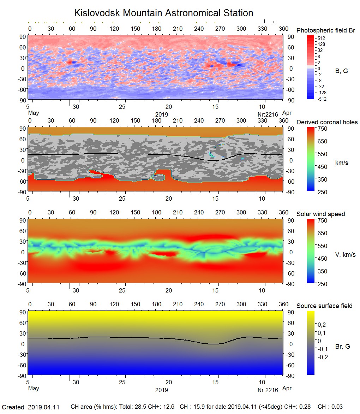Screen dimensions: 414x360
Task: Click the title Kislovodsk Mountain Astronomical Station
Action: click(163, 13)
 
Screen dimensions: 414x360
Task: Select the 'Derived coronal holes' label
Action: click(327, 122)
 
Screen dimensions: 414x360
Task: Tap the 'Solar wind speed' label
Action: click(320, 214)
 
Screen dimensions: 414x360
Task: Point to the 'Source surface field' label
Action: click(324, 306)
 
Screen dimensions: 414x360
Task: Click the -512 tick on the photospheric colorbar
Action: click(322, 99)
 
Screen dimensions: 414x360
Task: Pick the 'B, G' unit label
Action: click(341, 71)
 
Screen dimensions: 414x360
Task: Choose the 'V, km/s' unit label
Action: click(345, 255)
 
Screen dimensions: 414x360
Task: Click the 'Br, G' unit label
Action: click(342, 347)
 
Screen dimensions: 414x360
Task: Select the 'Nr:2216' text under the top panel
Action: click(268, 114)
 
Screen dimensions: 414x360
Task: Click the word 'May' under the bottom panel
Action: click(33, 389)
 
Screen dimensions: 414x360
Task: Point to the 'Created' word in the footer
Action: click(13, 407)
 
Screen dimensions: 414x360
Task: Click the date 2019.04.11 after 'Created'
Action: click(43, 407)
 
